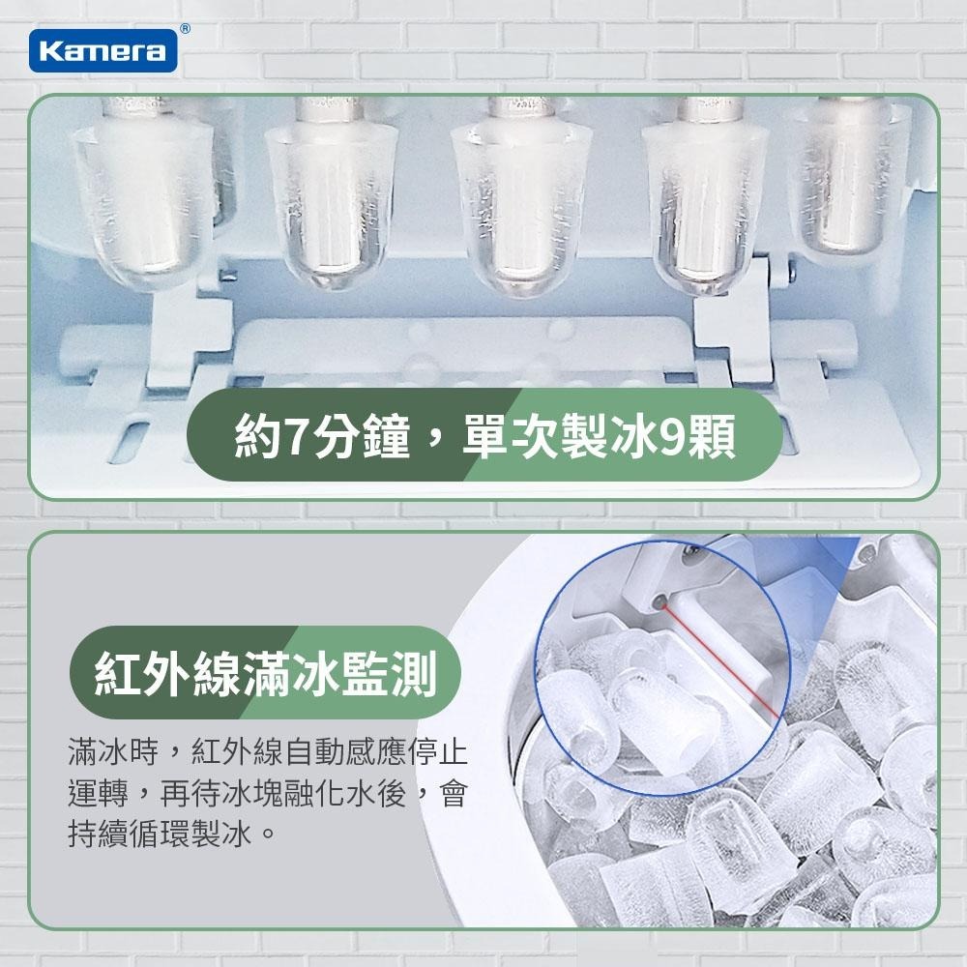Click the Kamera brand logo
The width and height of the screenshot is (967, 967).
103,50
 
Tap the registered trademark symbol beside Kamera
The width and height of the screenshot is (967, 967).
185,30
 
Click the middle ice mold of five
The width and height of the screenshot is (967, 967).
517,208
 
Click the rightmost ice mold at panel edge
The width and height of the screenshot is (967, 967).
851,179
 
